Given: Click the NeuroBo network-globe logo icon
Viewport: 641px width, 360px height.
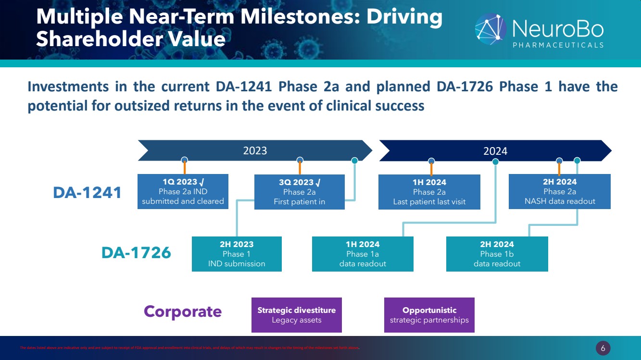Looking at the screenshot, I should pos(490,29).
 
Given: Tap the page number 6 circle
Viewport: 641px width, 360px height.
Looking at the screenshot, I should pos(603,348).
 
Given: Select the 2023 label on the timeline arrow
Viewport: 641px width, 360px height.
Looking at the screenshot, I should pos(255,150).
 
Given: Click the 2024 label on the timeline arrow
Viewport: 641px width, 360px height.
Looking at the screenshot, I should pos(495,151).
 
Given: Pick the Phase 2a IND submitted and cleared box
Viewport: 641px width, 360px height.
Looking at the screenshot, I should pos(183,191).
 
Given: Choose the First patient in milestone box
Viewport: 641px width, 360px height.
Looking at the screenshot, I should pos(300,192).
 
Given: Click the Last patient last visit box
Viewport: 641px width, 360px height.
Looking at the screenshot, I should pos(429,192).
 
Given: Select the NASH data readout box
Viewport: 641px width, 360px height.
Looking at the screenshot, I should pos(560,192).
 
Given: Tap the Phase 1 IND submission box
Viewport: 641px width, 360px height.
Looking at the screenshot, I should pos(237,254).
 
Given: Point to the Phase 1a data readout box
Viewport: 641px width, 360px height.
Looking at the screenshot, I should pos(363,254).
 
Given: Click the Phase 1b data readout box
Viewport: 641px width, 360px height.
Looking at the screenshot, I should pos(497,254).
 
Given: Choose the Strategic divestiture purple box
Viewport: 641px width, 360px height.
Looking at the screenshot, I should pos(297,315).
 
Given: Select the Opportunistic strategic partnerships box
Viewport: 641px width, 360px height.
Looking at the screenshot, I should pos(429,315).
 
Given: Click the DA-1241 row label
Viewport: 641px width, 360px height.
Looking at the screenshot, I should pos(87,193).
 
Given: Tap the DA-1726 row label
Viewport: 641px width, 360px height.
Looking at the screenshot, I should pos(136,252).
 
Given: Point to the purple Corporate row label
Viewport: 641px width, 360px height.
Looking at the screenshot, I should pos(183,311).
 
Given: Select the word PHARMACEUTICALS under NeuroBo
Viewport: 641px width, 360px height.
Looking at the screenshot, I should pos(558,45).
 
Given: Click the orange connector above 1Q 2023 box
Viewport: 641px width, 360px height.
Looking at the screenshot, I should pos(185,168).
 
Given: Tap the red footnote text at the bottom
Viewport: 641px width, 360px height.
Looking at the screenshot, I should pos(190,348).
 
